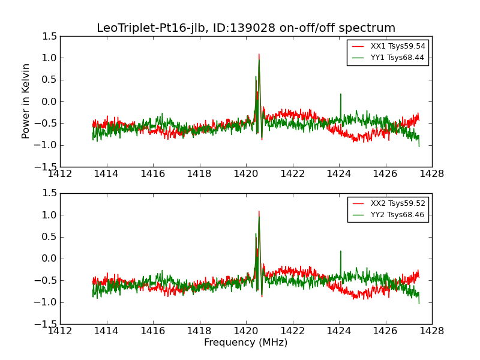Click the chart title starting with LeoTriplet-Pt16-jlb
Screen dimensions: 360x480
click(246, 28)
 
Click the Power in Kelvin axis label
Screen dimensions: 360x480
click(26, 101)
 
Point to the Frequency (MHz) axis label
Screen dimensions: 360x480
click(245, 343)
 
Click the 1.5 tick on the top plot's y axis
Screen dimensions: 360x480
click(50, 37)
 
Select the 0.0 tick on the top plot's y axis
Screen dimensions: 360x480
click(50, 102)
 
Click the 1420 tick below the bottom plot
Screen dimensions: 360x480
click(245, 331)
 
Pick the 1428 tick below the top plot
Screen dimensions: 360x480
click(431, 173)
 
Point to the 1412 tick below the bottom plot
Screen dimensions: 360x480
click(60, 331)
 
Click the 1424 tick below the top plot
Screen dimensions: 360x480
click(338, 173)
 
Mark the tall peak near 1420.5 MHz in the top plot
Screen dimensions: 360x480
click(259, 55)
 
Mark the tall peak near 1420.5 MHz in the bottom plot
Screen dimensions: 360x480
click(259, 212)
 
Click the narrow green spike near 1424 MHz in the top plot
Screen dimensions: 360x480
click(341, 94)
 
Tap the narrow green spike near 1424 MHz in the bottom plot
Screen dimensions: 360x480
click(341, 251)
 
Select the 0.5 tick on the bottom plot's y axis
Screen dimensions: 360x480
click(50, 237)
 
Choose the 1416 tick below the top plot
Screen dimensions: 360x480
click(153, 173)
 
